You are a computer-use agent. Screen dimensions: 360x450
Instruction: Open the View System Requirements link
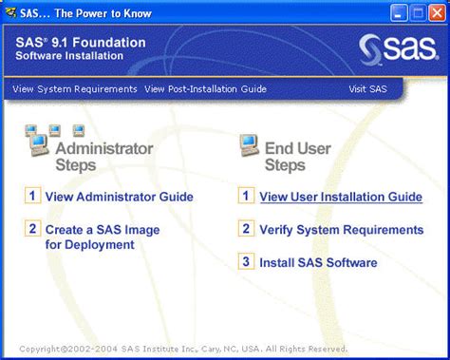click(75, 89)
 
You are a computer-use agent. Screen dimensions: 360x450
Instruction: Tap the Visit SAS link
click(368, 89)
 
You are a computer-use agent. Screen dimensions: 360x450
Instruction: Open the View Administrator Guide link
click(119, 197)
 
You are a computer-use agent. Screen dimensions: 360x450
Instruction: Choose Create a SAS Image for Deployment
click(102, 237)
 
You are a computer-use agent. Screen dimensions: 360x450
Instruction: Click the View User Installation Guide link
click(341, 197)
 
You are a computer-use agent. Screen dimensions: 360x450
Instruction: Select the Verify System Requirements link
click(341, 229)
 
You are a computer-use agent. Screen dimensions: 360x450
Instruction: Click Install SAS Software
click(318, 261)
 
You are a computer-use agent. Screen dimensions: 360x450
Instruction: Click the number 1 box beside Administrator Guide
click(32, 197)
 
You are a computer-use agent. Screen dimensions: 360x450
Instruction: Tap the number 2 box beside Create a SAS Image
click(32, 229)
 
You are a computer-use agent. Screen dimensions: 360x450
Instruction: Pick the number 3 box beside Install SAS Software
click(246, 261)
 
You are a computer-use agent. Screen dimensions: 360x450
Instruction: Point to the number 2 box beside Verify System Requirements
click(246, 229)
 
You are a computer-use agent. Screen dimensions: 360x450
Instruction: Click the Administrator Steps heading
click(103, 157)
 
